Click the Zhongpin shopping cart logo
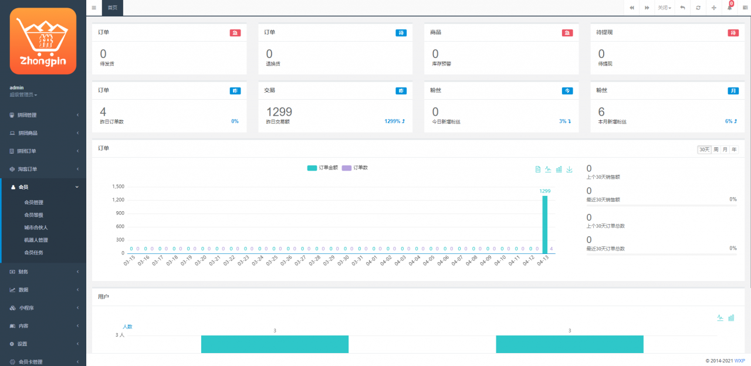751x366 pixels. pos(43,41)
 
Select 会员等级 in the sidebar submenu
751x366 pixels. pos(33,215)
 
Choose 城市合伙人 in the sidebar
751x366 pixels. pos(36,227)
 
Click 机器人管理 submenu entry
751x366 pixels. pos(36,240)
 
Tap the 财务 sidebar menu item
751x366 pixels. pos(23,272)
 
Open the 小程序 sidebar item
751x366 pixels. pos(27,308)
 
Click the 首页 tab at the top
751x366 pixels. pos(112,8)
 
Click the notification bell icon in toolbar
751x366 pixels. pos(730,8)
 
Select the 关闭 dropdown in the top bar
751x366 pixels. pos(664,8)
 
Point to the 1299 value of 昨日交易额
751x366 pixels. pos(279,111)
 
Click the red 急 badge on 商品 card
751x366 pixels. pos(567,33)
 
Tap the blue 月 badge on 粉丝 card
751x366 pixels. pos(733,91)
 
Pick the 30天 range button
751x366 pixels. pos(704,150)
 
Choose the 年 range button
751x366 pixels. pos(734,150)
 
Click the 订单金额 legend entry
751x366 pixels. pos(323,168)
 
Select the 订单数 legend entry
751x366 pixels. pos(355,168)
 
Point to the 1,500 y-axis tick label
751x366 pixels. pos(118,187)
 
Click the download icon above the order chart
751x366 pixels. pos(569,169)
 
